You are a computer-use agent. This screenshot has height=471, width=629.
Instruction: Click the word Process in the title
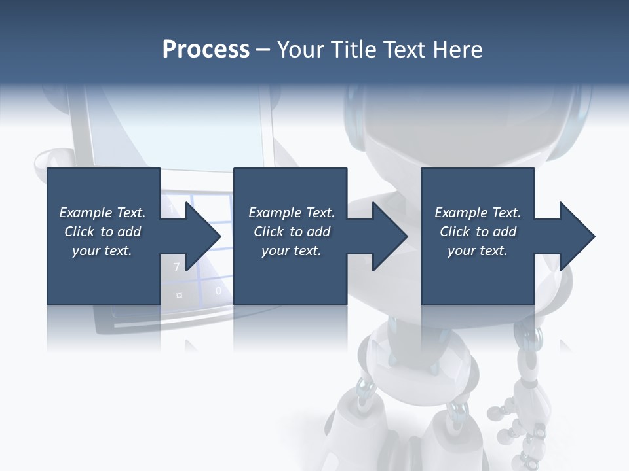point(206,50)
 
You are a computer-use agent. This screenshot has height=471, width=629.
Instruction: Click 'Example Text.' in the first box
point(102,213)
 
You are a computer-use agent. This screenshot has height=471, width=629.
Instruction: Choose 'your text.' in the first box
point(102,251)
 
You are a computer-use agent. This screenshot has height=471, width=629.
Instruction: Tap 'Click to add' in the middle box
point(292,232)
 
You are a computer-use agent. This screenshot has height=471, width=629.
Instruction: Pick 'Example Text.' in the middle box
point(292,213)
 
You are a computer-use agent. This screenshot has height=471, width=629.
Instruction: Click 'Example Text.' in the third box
point(478,213)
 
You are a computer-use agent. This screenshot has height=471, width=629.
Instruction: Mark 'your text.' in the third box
point(478,251)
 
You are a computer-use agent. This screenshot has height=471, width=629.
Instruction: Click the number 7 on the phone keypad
point(176,267)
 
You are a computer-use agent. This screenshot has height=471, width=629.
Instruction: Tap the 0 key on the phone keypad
point(218,290)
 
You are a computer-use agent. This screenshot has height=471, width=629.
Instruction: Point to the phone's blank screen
point(177,131)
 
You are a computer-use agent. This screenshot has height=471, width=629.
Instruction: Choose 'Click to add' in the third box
point(478,232)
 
